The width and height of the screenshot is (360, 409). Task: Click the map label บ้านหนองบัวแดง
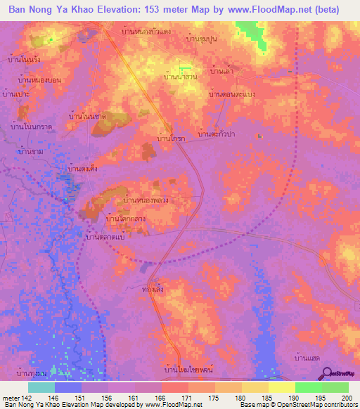point(146,32)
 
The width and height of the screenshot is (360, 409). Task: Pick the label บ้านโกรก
point(171,140)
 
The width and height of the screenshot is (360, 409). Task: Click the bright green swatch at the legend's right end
point(335,387)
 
